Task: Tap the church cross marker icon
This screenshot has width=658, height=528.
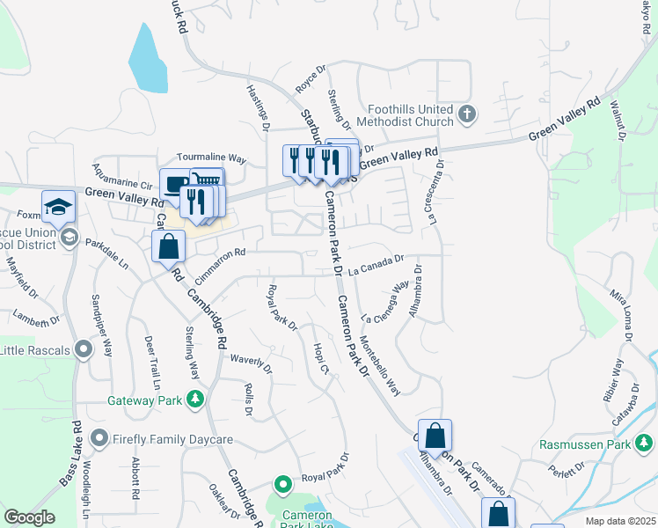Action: coord(467,114)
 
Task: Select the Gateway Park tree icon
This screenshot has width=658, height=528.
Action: coord(195,400)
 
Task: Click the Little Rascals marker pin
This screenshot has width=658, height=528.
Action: coord(84,350)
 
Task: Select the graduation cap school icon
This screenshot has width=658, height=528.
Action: coord(59,207)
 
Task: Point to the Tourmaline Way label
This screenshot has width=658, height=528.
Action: coord(211,157)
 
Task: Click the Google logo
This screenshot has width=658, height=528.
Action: coord(29,517)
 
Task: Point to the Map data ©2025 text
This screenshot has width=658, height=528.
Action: coord(620,521)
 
